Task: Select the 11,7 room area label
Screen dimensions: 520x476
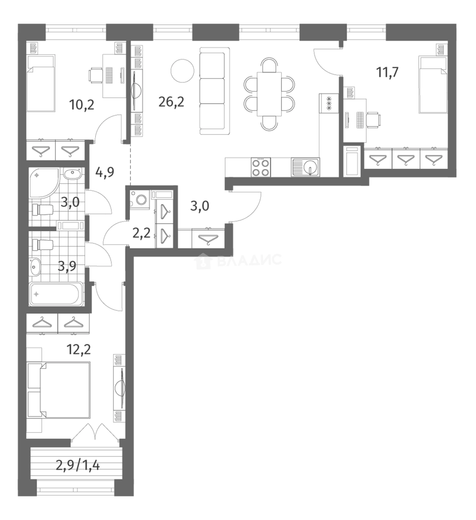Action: click(x=388, y=72)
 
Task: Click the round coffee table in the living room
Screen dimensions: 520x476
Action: click(x=183, y=70)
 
